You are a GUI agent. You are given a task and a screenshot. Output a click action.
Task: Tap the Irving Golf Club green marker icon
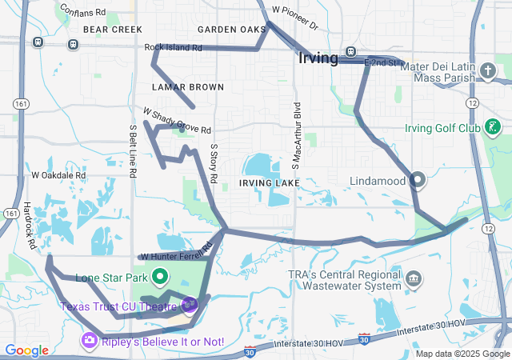pyautogui.click(x=494, y=127)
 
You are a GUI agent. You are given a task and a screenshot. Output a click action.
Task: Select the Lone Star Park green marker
pyautogui.click(x=159, y=278)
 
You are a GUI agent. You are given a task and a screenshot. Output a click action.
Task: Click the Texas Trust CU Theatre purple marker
pyautogui.click(x=189, y=304)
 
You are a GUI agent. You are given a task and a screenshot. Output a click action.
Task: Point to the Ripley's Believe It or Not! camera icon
pyautogui.click(x=89, y=342)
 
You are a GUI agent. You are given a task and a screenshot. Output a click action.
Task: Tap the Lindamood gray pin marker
pyautogui.click(x=417, y=181)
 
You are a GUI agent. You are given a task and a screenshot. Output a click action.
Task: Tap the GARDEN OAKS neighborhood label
pyautogui.click(x=231, y=30)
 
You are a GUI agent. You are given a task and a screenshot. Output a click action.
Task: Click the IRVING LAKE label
pyautogui.click(x=269, y=183)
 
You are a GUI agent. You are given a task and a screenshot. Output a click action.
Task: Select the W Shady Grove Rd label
pyautogui.click(x=177, y=121)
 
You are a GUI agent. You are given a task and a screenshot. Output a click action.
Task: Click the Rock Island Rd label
pyautogui.click(x=174, y=47)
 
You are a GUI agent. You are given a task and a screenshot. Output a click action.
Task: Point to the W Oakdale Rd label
pyautogui.click(x=58, y=174)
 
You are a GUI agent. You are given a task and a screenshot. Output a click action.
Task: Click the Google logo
pyautogui.click(x=26, y=350)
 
